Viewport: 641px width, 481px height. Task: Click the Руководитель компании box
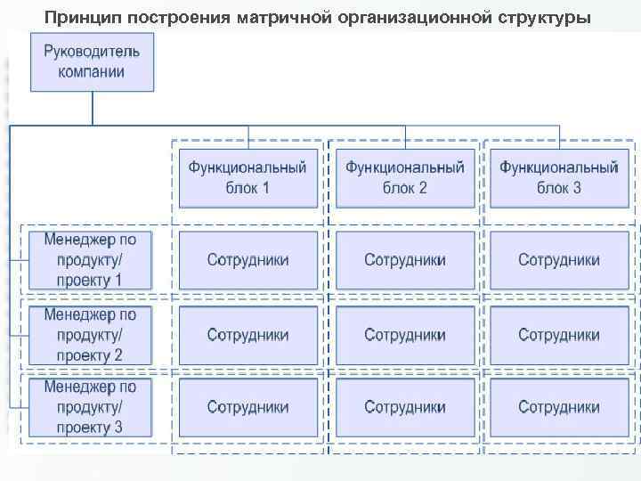(x=92, y=61)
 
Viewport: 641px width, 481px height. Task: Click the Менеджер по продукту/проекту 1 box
(x=91, y=259)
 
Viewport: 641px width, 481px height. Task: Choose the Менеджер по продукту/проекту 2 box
(x=91, y=335)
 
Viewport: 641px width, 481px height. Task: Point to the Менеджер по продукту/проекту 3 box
(x=91, y=407)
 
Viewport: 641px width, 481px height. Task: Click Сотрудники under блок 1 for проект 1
(x=248, y=260)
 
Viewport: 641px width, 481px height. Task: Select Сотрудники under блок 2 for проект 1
(x=405, y=260)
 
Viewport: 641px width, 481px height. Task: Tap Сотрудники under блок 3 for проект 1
(x=559, y=260)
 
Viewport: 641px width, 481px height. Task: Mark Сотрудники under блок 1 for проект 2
(x=248, y=335)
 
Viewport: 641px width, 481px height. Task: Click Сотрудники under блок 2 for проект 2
(x=405, y=335)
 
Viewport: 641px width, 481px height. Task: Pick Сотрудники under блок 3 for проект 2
(x=559, y=335)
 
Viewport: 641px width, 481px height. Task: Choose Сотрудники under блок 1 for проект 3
(x=248, y=407)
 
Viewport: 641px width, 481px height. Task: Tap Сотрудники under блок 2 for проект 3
(x=405, y=407)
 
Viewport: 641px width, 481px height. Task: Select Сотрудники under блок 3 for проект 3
(x=559, y=407)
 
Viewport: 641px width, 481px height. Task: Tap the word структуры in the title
(x=545, y=17)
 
